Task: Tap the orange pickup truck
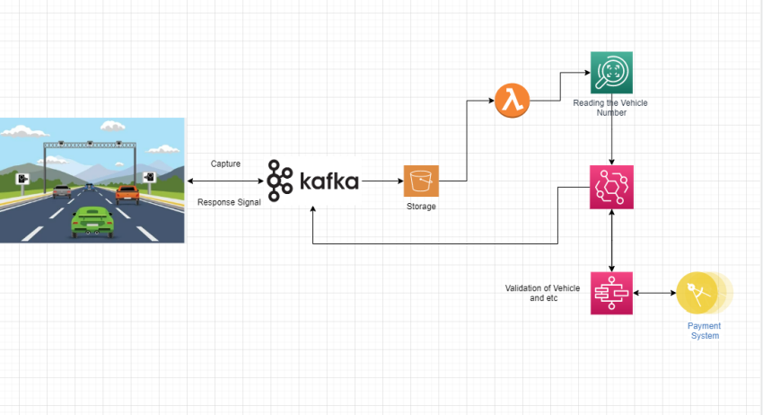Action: [x=127, y=192]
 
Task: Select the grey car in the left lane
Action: [x=61, y=190]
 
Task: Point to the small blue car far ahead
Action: [x=89, y=184]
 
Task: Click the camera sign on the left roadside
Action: [x=22, y=178]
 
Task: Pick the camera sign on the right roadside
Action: [x=148, y=178]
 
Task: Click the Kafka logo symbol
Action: [x=280, y=180]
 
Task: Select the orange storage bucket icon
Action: [x=421, y=181]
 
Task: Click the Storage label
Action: [x=420, y=207]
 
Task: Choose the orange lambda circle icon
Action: [x=512, y=102]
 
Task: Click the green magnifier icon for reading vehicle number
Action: [x=611, y=73]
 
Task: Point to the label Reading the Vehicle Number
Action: [x=610, y=108]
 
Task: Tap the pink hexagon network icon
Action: [x=611, y=187]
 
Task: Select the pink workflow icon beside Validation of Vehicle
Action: [x=611, y=293]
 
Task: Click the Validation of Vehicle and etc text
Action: [x=543, y=293]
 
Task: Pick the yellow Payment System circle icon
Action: [x=698, y=293]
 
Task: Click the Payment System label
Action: [x=705, y=331]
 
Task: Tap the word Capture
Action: [x=225, y=163]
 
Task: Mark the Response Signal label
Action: [x=229, y=202]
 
